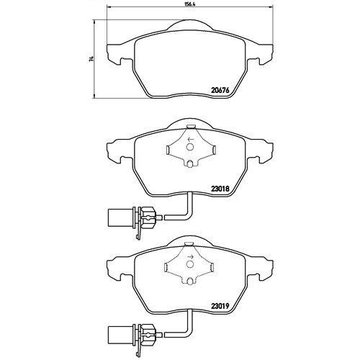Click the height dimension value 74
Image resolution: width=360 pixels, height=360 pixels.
(91, 59)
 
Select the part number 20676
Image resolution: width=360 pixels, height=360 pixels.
(221, 91)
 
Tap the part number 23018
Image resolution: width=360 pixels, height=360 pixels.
(221, 189)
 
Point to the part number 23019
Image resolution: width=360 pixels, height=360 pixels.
(221, 306)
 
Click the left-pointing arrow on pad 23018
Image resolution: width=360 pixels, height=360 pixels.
(190, 139)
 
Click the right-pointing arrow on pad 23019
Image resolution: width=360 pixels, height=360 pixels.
(190, 257)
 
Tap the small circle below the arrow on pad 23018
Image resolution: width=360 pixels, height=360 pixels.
(190, 147)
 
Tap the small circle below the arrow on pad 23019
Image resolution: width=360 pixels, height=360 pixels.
(190, 264)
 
